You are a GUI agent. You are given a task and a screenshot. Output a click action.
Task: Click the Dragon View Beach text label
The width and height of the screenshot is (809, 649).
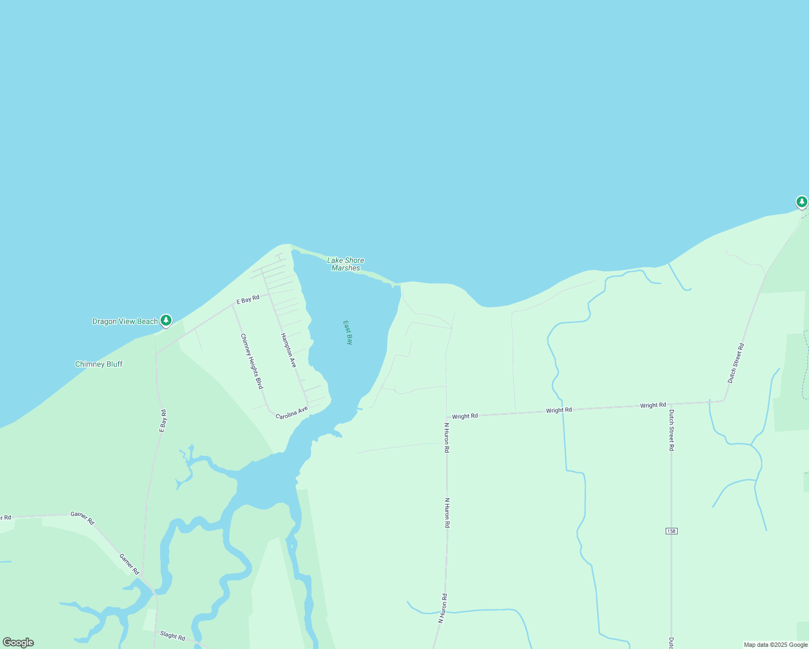pos(125,321)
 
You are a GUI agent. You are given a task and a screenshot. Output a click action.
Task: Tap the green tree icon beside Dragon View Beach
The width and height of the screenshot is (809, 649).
pos(166,320)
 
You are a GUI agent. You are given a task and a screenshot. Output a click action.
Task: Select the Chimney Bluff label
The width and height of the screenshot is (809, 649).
pos(98,364)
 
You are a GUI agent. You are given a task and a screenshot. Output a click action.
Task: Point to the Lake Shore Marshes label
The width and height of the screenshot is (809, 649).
pos(346,264)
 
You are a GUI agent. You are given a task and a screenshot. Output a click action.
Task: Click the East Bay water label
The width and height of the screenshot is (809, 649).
pos(348,332)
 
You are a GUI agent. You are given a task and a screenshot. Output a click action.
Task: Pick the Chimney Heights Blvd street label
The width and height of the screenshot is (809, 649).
pos(251,361)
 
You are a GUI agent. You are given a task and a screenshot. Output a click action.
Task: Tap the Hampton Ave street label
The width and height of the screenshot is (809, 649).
pos(288,350)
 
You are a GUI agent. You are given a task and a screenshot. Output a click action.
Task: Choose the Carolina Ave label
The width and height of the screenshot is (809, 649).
pos(291,413)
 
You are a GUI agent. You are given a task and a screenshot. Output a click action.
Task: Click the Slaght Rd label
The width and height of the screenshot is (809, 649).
pos(173,635)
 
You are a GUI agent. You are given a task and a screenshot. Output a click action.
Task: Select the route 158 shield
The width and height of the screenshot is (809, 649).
pos(671,531)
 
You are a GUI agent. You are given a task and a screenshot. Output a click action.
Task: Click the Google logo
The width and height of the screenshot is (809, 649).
pos(18,643)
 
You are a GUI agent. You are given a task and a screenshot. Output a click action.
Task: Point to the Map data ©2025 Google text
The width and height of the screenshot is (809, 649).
pos(775,645)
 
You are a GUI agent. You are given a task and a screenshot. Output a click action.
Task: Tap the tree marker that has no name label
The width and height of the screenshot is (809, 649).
pos(801,202)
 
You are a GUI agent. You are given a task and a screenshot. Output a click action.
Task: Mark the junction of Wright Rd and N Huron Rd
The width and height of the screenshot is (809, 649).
pos(446,416)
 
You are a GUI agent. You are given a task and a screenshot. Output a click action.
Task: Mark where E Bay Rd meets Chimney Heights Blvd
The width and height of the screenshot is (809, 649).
pos(233,305)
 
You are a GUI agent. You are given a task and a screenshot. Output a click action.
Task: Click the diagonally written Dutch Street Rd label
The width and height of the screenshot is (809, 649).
pos(735,363)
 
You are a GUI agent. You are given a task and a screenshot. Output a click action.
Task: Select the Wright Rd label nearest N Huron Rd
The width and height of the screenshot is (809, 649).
pos(465,416)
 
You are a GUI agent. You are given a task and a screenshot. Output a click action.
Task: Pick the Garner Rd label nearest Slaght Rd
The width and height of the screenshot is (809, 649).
pos(129,564)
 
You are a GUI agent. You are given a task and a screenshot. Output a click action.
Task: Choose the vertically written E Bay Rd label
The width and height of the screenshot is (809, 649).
pos(162,421)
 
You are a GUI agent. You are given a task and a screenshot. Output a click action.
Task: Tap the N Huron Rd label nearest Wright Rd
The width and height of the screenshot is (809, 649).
pos(447,438)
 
